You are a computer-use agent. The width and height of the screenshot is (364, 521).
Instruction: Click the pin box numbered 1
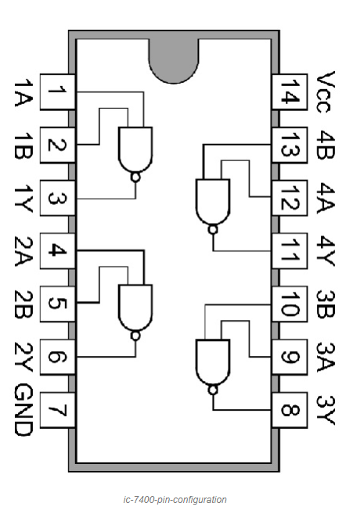tap(58, 92)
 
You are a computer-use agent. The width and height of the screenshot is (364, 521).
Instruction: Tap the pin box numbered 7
tap(58, 410)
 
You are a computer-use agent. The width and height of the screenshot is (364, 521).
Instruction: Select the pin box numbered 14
tap(290, 92)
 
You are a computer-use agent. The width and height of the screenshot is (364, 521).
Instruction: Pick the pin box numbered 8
tap(290, 410)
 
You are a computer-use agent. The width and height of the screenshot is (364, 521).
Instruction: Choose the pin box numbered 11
tap(290, 251)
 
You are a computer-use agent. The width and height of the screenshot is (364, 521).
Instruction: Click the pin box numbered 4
tap(58, 251)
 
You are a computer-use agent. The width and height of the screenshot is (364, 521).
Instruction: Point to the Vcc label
tap(325, 92)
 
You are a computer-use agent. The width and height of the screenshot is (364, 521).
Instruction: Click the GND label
tap(23, 409)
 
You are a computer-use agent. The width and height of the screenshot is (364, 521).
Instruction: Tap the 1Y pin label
tap(23, 199)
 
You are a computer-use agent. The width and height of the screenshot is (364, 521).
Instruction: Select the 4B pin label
tap(325, 146)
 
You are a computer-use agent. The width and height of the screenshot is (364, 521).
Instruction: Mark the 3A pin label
tap(325, 357)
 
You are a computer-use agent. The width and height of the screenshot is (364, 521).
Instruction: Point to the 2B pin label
tap(23, 304)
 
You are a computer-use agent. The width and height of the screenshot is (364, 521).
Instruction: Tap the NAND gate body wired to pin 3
tap(135, 149)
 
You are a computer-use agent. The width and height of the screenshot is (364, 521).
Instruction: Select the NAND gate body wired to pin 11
tap(213, 202)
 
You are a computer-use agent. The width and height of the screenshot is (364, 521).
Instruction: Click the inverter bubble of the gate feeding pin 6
tap(135, 336)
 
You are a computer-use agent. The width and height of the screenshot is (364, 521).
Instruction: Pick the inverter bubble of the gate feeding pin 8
tap(213, 390)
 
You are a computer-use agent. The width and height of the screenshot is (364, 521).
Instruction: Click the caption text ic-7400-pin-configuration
tap(175, 500)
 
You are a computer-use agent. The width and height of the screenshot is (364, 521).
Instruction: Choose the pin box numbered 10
tap(290, 304)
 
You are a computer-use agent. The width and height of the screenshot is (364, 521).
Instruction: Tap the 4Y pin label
tap(325, 251)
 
